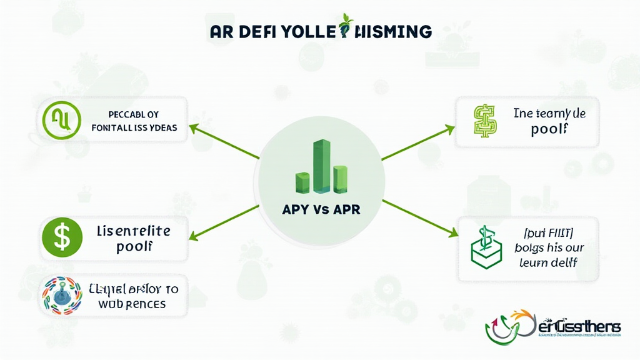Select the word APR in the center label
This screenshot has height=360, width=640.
pyautogui.click(x=347, y=209)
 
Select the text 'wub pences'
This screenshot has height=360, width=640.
pyautogui.click(x=132, y=304)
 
